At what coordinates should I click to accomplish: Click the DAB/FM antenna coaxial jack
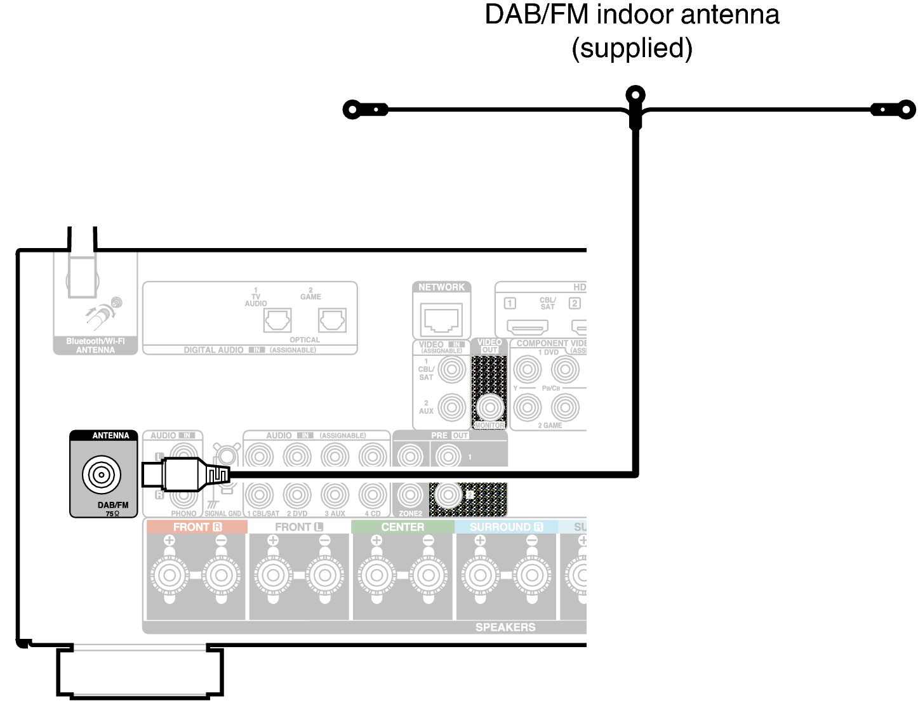[x=101, y=475]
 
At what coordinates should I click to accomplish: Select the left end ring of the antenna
[x=352, y=109]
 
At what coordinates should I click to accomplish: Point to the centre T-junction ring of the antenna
[x=635, y=96]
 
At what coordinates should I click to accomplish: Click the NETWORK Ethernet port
[x=441, y=317]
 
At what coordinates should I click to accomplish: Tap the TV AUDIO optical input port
[x=277, y=320]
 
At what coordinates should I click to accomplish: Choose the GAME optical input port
[x=332, y=320]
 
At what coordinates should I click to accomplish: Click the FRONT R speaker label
[x=197, y=527]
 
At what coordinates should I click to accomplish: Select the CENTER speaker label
[x=402, y=527]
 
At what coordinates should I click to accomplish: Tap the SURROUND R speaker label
[x=506, y=527]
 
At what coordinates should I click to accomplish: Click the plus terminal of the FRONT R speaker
[x=169, y=575]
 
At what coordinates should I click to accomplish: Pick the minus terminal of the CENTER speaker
[x=428, y=575]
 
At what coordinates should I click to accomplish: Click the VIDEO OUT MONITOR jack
[x=489, y=407]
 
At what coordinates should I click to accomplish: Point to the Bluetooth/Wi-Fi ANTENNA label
[x=95, y=346]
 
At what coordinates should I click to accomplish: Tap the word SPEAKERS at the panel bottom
[x=505, y=627]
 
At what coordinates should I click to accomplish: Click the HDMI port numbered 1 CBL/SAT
[x=527, y=327]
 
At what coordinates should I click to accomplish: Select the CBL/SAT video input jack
[x=452, y=369]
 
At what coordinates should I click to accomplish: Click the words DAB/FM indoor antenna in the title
[x=632, y=15]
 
